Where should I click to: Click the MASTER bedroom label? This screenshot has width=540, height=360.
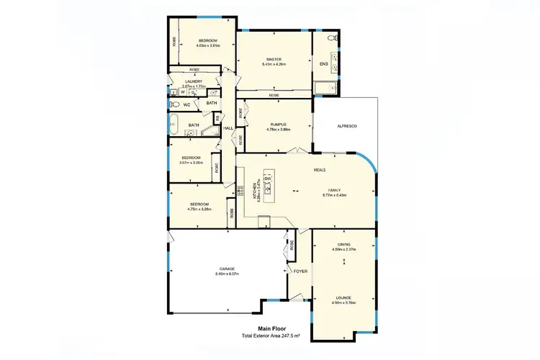tap(273, 59)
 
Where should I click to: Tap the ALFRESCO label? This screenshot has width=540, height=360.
tap(348, 126)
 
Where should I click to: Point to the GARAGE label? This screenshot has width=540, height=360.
tap(227, 269)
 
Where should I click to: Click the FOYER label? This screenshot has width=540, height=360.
tap(300, 271)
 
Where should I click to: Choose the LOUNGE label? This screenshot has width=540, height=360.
tap(342, 297)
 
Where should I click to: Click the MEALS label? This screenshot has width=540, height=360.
tap(320, 170)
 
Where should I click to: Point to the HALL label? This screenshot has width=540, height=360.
tap(228, 128)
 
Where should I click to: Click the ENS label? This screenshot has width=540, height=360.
tap(324, 64)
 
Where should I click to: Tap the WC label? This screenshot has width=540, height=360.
tap(186, 105)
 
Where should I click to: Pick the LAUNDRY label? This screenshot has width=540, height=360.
tap(194, 81)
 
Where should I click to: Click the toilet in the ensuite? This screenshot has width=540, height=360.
tap(332, 37)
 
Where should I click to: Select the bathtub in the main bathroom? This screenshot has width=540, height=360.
tap(174, 125)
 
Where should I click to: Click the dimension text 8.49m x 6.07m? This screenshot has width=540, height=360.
tap(227, 274)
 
